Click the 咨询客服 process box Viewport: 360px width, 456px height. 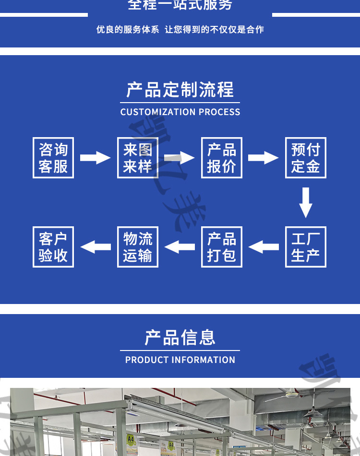tap(53, 158)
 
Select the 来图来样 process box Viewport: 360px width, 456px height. tap(138, 158)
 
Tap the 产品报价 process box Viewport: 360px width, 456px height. tap(221, 158)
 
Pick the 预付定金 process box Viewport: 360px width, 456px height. tap(305, 158)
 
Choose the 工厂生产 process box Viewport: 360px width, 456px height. tap(305, 247)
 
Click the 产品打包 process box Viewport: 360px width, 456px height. tap(221, 247)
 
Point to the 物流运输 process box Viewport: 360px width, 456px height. tap(138, 247)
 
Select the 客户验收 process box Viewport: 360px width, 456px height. tap(53, 247)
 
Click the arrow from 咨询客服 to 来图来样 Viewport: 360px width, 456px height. tap(95, 157)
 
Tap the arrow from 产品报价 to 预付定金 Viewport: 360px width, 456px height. tap(263, 157)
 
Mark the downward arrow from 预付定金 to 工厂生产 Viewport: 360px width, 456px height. tap(306, 202)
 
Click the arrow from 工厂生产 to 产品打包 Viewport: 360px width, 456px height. tap(264, 247)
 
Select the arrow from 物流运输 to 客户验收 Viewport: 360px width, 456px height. tap(96, 247)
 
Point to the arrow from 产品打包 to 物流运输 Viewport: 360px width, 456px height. tap(180, 247)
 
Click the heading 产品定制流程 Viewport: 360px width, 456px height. tap(180, 90)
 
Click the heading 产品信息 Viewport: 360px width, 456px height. tap(180, 338)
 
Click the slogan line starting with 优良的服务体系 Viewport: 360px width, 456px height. tap(180, 30)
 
